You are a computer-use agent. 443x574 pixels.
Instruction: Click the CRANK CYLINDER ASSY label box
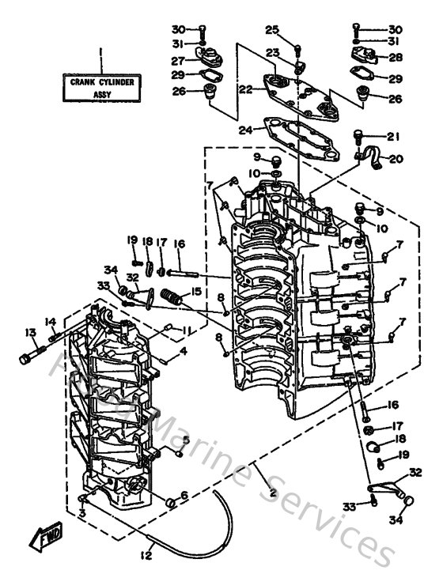pos(101,87)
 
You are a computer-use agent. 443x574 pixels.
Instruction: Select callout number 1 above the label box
pos(101,54)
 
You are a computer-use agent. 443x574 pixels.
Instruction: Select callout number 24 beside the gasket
pos(249,130)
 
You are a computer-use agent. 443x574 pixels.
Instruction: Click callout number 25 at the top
pos(272,30)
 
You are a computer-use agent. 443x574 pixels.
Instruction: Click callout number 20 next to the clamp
pos(396,159)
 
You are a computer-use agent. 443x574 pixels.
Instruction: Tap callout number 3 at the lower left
pos(83,514)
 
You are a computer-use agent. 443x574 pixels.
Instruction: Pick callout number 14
pos(51,322)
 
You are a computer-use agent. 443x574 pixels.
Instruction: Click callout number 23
pos(272,53)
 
